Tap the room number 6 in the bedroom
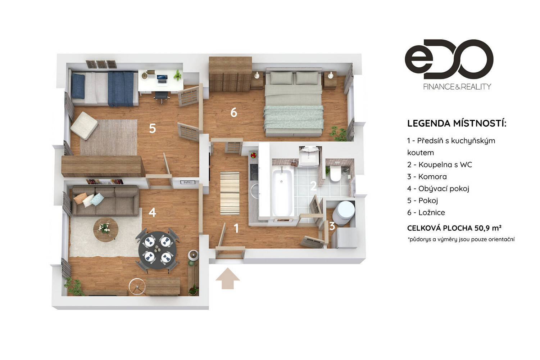pyautogui.click(x=234, y=112)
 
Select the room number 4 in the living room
pyautogui.click(x=152, y=212)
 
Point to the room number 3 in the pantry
pyautogui.click(x=332, y=226)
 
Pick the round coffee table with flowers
pyautogui.click(x=105, y=229)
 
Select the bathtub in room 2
pyautogui.click(x=282, y=192)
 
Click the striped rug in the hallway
pyautogui.click(x=230, y=193)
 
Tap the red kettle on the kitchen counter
pyautogui.click(x=253, y=155)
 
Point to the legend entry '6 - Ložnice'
pyautogui.click(x=426, y=212)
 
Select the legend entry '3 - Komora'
pyautogui.click(x=427, y=177)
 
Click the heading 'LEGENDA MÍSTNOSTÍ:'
pyautogui.click(x=457, y=123)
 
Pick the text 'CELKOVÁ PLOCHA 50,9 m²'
pyautogui.click(x=454, y=228)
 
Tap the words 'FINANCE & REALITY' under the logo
pyautogui.click(x=457, y=87)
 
